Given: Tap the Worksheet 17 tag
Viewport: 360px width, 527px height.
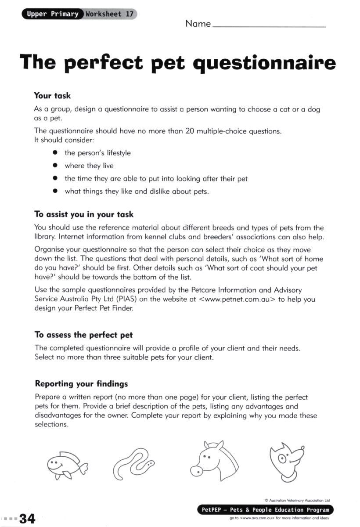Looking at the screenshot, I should click(x=109, y=14).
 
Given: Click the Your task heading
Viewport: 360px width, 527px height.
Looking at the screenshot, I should click(x=52, y=95).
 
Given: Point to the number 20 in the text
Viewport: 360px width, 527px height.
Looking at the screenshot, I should click(x=190, y=131).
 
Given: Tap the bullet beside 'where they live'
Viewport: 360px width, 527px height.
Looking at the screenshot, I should click(x=55, y=166).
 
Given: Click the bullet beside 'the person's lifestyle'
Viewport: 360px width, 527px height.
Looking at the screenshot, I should click(x=55, y=153).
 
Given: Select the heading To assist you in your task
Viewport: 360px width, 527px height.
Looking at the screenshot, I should click(x=84, y=215).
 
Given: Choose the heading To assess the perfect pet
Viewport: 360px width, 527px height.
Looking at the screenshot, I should click(x=83, y=335).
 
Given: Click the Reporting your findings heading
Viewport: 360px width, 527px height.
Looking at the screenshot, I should click(x=81, y=384).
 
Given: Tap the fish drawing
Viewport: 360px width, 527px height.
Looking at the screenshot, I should click(x=66, y=464).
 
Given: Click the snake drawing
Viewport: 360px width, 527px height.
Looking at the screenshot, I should click(x=134, y=465).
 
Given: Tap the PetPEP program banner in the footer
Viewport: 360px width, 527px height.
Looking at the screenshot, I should click(x=265, y=510).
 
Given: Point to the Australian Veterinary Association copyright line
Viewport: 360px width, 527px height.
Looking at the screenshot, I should click(x=297, y=500).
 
